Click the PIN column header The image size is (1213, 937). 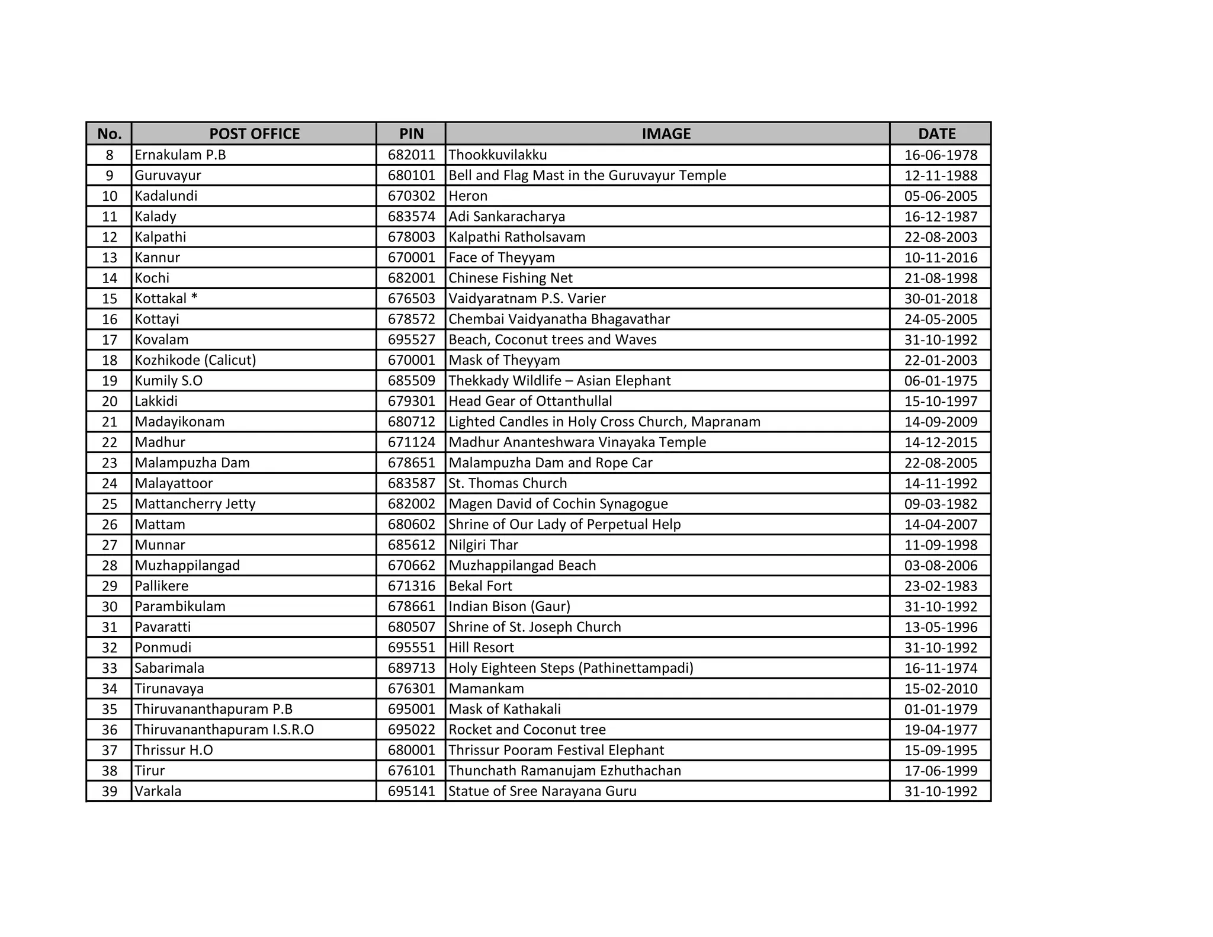tap(411, 134)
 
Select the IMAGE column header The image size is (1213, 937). tap(666, 134)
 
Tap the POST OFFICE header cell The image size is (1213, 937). tap(254, 134)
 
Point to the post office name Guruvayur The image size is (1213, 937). tap(168, 175)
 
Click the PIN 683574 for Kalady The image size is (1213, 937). tap(411, 217)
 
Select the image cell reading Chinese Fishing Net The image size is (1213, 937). tap(511, 278)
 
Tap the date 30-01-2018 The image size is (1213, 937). tap(941, 299)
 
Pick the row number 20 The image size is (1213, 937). tap(110, 402)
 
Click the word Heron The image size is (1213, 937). tap(468, 196)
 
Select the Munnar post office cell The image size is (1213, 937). tap(160, 545)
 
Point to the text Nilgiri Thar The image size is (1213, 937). tap(483, 545)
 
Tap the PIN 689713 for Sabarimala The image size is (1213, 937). tap(411, 668)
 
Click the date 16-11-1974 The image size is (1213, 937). tap(941, 668)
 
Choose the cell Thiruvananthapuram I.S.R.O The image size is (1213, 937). tap(224, 730)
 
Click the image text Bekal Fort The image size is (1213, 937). tap(480, 586)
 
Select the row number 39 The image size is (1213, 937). tap(110, 791)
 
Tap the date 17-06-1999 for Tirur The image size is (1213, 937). tap(941, 771)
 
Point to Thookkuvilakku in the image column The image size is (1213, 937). tap(498, 155)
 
